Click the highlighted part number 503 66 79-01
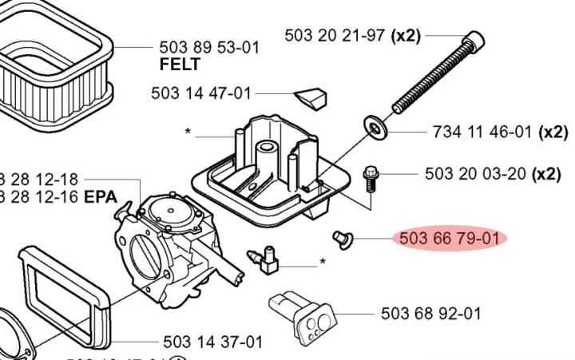pos(449,238)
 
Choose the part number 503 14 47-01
pos(200,93)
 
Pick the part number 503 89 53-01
pos(210,47)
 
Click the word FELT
pos(180,64)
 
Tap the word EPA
pos(101,196)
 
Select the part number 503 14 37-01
pos(212,342)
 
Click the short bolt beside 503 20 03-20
pos(371,177)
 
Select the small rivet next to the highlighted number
pos(342,237)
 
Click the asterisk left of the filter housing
pos(187,133)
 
